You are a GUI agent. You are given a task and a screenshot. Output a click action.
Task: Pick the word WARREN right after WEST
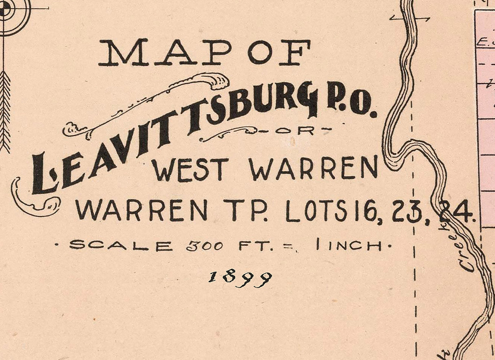point(314,168)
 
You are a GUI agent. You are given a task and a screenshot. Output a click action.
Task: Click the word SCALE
point(120,245)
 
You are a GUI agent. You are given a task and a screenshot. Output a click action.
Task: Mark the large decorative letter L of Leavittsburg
point(43,175)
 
